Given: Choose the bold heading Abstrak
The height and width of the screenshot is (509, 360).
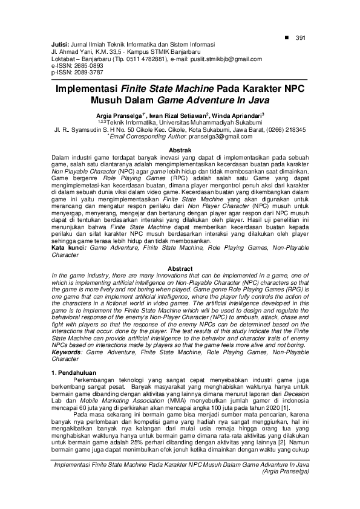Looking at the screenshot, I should click(180, 149).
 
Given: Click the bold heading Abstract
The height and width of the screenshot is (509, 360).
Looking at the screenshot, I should click(180, 268).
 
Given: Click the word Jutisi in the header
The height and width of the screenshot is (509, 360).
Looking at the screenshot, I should click(60, 45).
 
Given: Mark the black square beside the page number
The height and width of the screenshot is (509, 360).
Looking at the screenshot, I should click(287, 38).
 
